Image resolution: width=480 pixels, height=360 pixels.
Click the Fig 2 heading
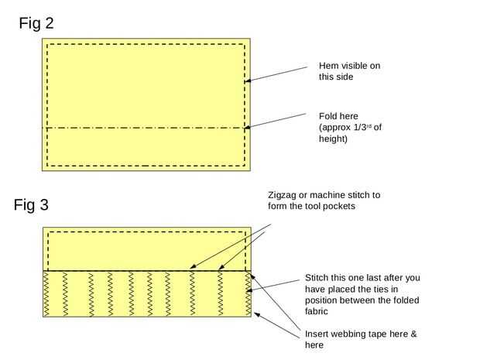click(36, 24)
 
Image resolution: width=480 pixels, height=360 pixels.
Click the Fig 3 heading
click(31, 205)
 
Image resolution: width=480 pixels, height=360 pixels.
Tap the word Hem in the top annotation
click(330, 66)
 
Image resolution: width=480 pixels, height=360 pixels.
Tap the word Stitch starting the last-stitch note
click(318, 278)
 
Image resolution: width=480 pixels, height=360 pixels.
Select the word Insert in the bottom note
click(319, 334)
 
